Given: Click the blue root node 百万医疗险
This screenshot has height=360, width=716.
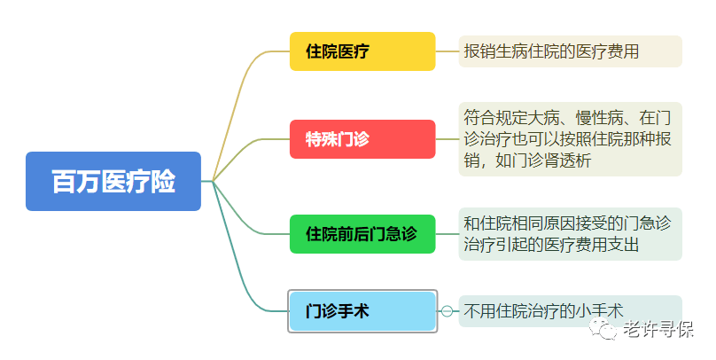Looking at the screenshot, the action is (113, 182).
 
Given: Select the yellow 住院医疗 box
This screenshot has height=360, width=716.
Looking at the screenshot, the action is (362, 51).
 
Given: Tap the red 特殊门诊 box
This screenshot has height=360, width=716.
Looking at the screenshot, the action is (362, 139).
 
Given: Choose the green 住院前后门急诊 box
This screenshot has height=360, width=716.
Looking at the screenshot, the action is (362, 234).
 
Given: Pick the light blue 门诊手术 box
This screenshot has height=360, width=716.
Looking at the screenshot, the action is (362, 311).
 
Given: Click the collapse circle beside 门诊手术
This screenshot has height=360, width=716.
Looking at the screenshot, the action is (447, 311).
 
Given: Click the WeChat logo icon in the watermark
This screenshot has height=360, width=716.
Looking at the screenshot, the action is (603, 328).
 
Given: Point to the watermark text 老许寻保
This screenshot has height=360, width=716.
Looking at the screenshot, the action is (658, 329).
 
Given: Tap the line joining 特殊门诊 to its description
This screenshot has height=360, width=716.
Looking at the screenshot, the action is (447, 139).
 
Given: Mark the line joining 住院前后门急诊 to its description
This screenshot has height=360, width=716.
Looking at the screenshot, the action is (447, 234).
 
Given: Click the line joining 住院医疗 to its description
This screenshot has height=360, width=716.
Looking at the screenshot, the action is (447, 51).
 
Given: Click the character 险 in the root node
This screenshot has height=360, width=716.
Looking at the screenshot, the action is (163, 182).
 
